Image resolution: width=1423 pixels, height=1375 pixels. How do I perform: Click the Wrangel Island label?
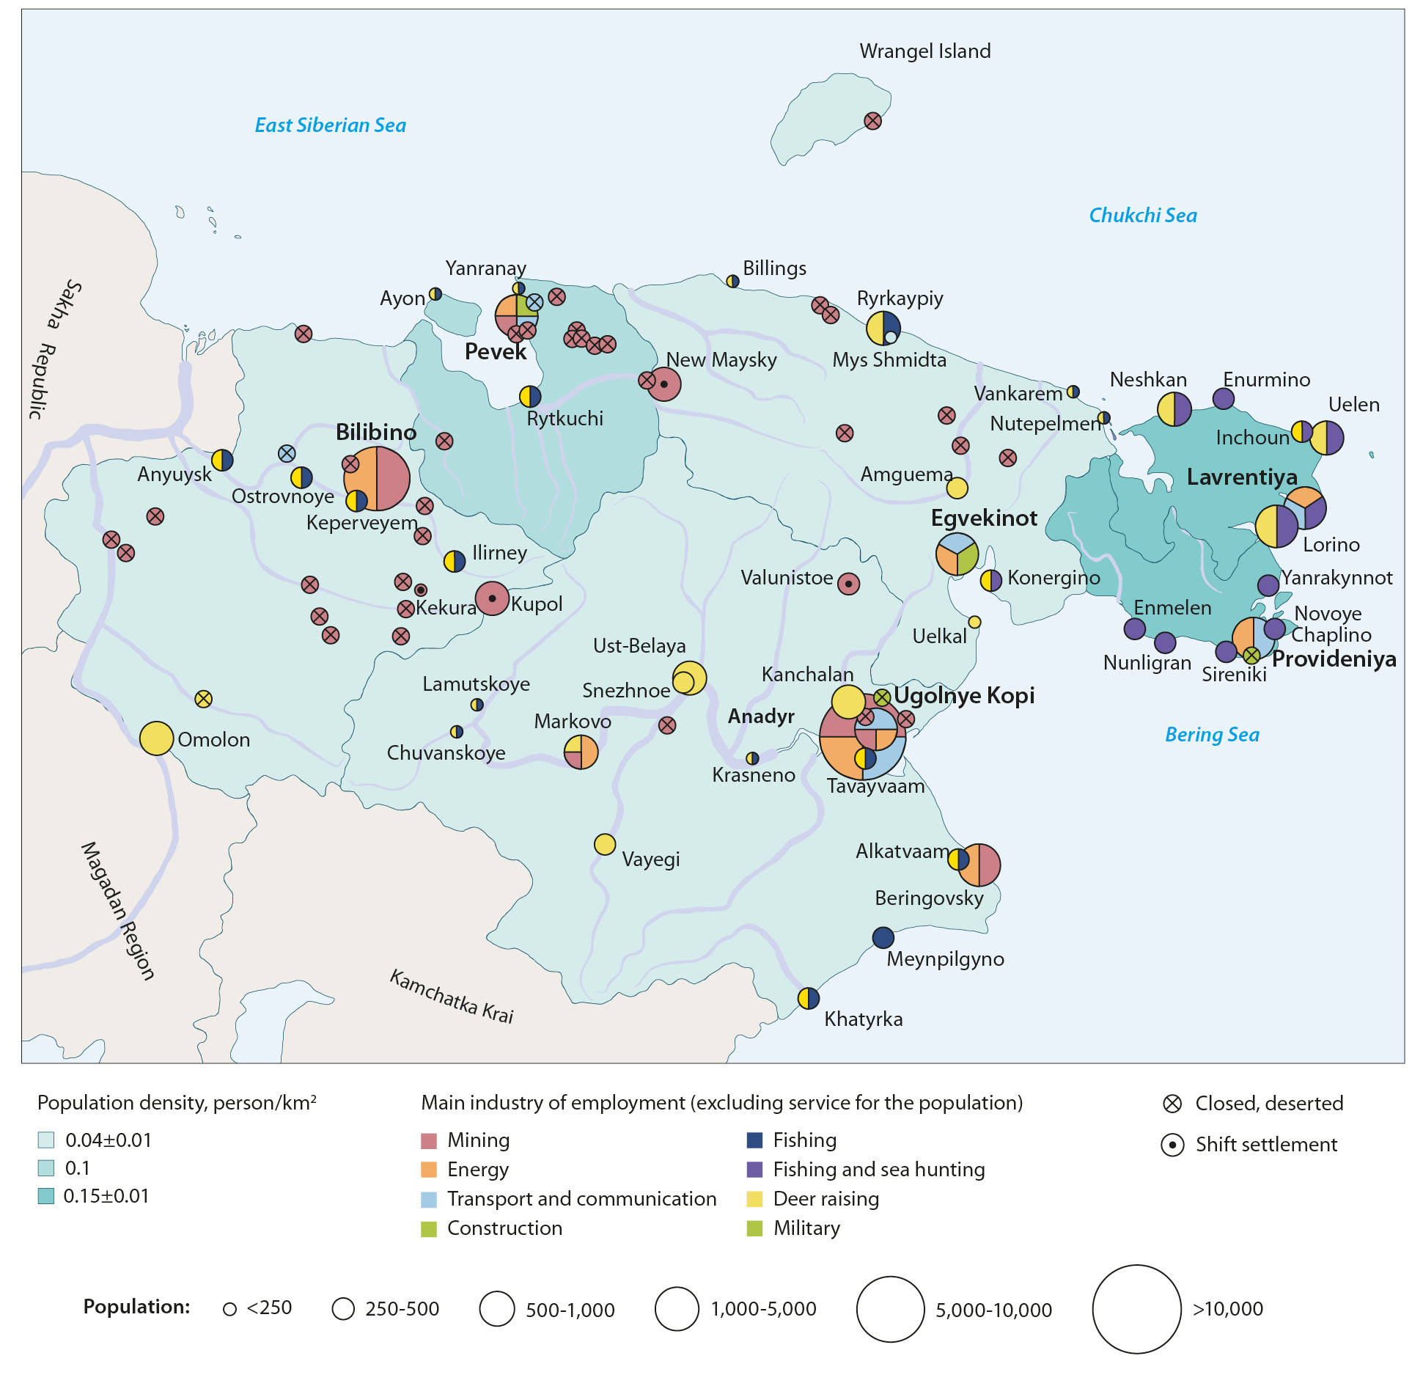click(x=924, y=51)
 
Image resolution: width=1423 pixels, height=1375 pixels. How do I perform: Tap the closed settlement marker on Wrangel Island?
click(x=872, y=121)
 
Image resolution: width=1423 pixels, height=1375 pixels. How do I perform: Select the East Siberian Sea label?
click(x=330, y=125)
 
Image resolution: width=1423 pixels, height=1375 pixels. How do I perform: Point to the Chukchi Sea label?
click(x=1142, y=216)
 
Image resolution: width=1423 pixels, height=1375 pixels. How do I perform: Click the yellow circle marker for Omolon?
click(x=156, y=738)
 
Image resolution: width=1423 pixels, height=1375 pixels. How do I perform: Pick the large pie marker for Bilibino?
click(x=377, y=478)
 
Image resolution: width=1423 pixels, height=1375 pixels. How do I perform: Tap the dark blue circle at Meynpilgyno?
click(x=883, y=937)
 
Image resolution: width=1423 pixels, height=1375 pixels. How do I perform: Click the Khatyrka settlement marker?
click(x=808, y=998)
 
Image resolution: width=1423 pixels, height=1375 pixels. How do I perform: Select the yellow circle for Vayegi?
click(x=605, y=845)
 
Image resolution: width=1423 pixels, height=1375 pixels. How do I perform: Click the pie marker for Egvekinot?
click(x=957, y=554)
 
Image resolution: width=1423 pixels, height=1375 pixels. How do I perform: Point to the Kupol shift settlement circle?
click(x=493, y=598)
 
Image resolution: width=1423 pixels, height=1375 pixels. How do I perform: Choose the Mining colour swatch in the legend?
click(x=429, y=1141)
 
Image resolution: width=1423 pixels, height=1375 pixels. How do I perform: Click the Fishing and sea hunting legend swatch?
click(x=754, y=1170)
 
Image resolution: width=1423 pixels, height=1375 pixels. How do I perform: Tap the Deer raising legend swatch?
click(x=754, y=1199)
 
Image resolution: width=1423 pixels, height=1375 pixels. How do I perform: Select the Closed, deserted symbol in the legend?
click(x=1172, y=1104)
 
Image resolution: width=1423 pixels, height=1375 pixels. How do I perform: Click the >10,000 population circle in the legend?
click(x=1136, y=1309)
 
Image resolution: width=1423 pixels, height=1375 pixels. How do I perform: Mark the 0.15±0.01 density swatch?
click(x=46, y=1196)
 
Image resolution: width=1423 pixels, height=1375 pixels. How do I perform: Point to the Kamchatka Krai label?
click(x=451, y=997)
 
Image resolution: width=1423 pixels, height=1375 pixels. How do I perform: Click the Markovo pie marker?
click(x=581, y=752)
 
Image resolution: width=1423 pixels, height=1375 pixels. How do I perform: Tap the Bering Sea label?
click(x=1212, y=735)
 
